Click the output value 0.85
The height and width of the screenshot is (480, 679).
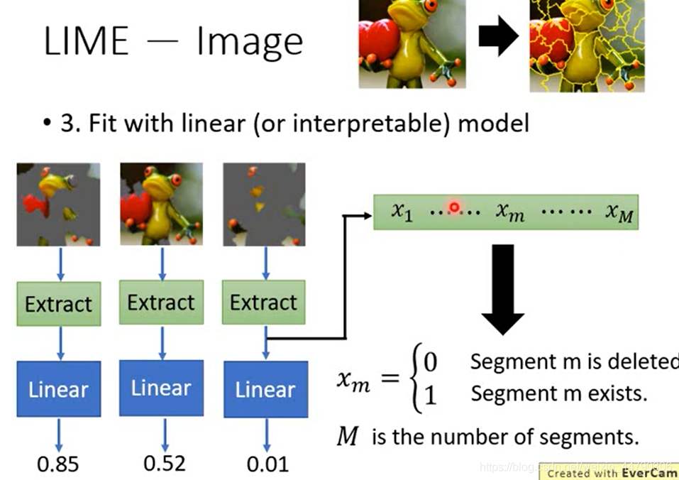coord(58,464)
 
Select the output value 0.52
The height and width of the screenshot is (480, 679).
coord(164,463)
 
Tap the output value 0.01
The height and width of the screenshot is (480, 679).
coord(267,464)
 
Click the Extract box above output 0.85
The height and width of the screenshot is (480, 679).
coord(58,304)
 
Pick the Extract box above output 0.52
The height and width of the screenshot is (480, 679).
coord(160,302)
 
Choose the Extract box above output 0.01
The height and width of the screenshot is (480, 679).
coord(263,302)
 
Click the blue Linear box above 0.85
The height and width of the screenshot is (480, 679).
coord(58,389)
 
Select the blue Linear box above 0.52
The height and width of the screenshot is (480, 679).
coord(161,388)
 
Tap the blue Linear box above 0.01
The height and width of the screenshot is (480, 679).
coord(265,389)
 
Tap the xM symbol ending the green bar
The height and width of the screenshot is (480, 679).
coord(619,212)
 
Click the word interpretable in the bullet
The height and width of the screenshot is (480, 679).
coord(371,124)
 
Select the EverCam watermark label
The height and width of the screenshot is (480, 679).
coord(612,472)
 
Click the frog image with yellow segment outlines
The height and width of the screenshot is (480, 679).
coord(587,45)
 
